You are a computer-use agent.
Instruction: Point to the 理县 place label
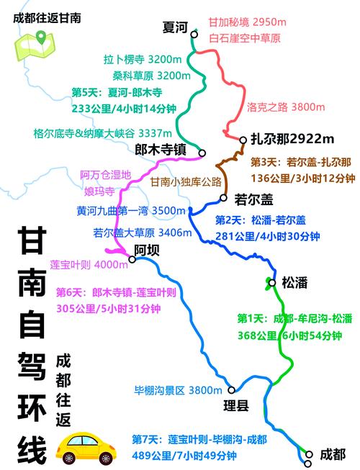(235, 406)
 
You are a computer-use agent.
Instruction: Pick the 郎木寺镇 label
(161, 150)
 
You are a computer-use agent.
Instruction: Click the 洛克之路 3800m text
(276, 107)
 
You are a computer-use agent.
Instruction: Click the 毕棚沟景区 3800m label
(177, 390)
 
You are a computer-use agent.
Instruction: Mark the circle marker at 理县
(231, 390)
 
